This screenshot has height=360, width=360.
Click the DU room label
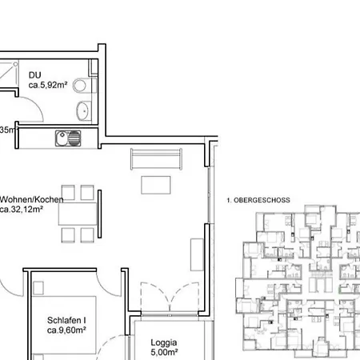[35, 75]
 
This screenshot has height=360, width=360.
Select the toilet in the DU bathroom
[81, 86]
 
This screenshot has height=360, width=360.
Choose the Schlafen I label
[66, 320]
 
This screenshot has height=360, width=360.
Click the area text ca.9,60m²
[65, 330]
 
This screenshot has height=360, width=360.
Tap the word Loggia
[164, 340]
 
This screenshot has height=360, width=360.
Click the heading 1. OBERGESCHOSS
[259, 200]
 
